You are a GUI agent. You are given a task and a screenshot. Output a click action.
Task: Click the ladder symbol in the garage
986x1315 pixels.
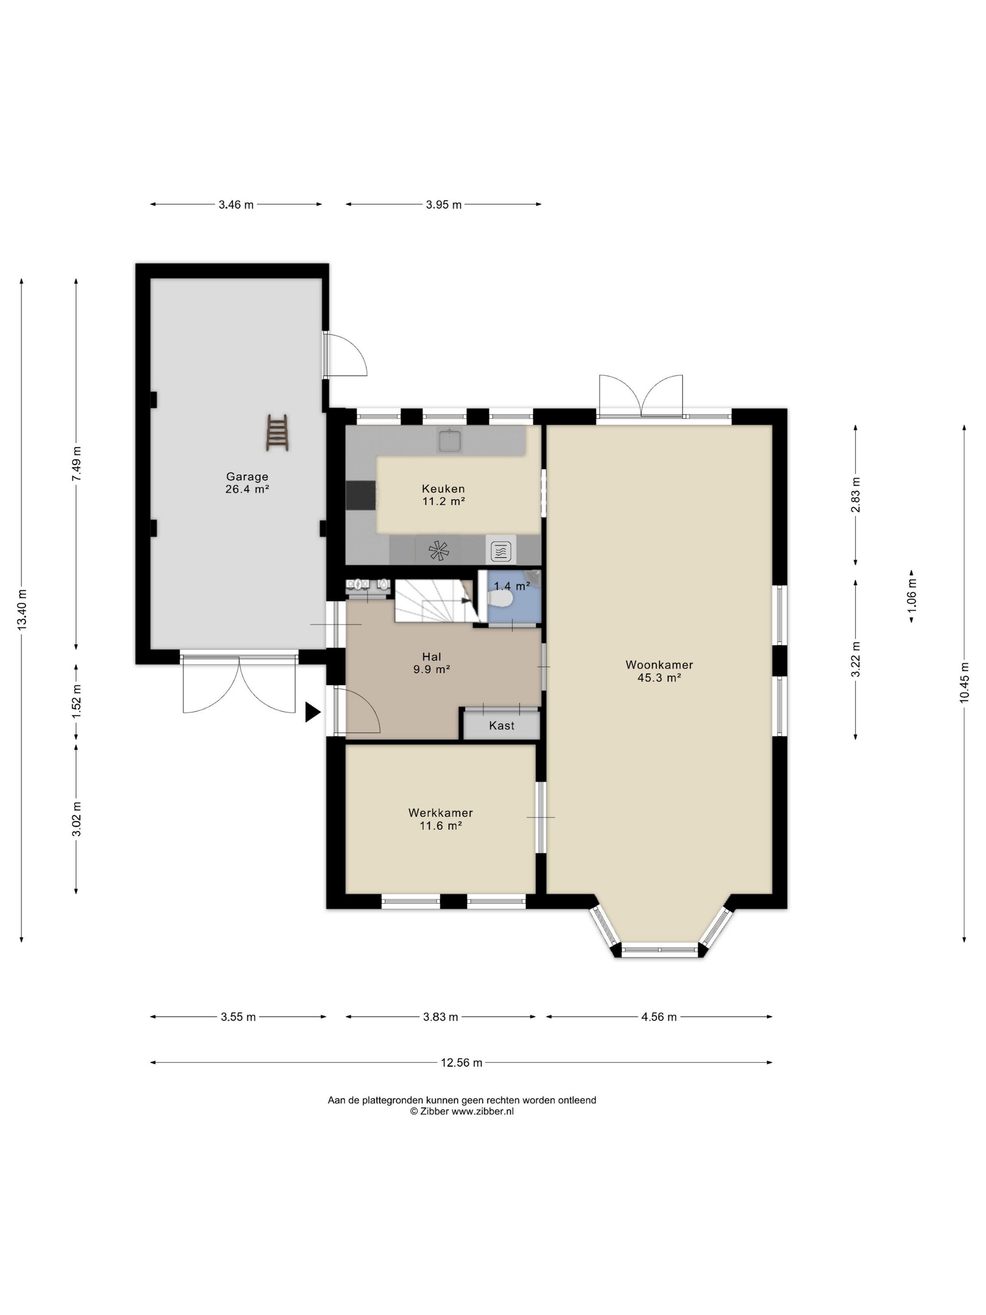coord(277,432)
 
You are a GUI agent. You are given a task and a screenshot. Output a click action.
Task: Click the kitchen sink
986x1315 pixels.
coord(450,441)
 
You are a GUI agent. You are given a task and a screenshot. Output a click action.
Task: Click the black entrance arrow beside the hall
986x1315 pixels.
coord(313,712)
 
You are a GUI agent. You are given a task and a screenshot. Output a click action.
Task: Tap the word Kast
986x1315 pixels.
coord(501,725)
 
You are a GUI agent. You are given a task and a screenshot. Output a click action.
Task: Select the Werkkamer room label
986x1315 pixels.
coord(440,819)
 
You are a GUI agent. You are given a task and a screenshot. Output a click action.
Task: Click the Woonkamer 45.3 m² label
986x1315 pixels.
coord(659,671)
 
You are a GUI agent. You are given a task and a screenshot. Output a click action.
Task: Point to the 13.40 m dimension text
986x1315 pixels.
coord(22,609)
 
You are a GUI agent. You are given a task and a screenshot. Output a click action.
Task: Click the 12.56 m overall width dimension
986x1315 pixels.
coord(461,1062)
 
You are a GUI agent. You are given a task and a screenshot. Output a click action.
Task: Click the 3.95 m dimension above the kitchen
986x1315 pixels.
coord(443,204)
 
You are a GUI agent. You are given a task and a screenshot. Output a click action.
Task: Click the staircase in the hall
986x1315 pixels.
coord(434,600)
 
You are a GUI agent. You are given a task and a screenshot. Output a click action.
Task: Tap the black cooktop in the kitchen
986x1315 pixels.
coord(361,495)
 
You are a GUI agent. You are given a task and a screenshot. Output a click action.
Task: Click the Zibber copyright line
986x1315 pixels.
coord(462,1111)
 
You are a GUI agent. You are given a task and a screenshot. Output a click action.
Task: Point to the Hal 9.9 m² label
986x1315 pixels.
coord(431,663)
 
